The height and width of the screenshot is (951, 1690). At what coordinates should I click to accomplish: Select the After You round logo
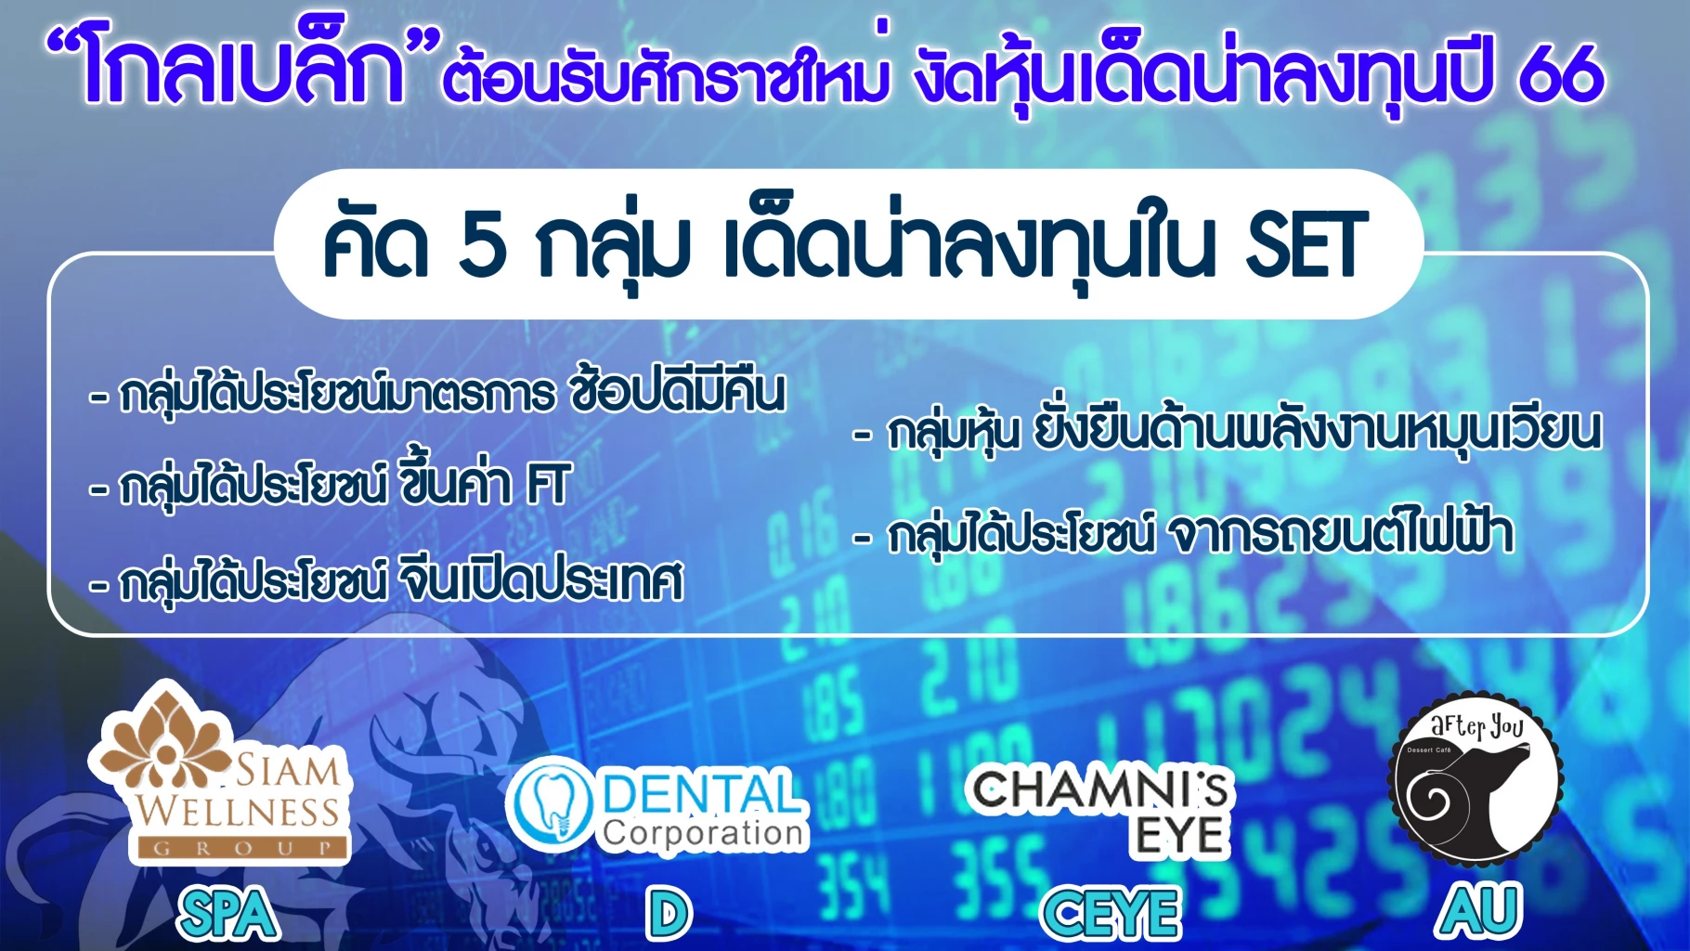(1475, 779)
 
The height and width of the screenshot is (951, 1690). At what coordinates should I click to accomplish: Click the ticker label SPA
(227, 914)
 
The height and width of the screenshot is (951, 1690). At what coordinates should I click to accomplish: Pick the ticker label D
(669, 914)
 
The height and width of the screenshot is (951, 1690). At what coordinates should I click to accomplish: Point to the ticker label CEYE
(1111, 914)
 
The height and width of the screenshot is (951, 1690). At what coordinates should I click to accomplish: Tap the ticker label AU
(1478, 911)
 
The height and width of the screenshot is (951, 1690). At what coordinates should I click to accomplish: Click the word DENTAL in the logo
(702, 793)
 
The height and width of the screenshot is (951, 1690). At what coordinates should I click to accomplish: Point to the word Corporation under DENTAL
(704, 833)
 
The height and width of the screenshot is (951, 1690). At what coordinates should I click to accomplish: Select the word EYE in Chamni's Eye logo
(1179, 836)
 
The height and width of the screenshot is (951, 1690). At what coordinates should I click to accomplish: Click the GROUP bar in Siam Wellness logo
(241, 847)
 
